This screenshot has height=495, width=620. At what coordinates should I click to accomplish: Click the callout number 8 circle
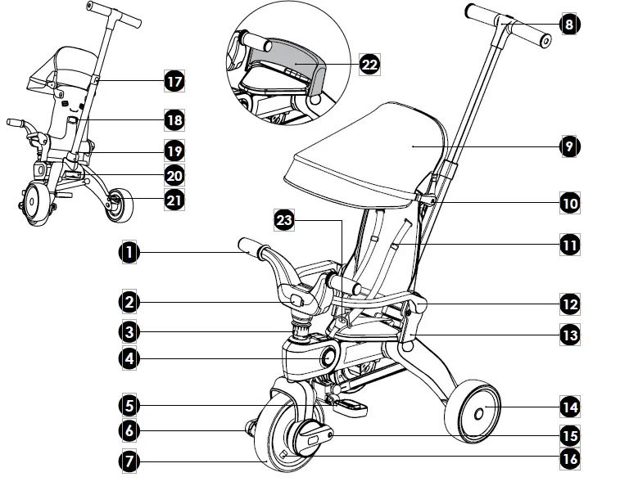(569, 24)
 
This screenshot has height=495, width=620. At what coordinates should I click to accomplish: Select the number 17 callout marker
(174, 82)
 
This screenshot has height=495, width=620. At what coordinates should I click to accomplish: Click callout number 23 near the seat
(284, 220)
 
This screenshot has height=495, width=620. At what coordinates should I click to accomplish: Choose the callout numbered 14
(569, 407)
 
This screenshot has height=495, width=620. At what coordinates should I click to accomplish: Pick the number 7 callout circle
(127, 460)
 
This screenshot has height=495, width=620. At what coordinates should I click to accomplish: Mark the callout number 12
(569, 304)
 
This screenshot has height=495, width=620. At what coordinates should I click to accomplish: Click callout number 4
(127, 358)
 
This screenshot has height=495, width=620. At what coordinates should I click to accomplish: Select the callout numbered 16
(569, 459)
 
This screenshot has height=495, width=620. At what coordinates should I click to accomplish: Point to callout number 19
(174, 151)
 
